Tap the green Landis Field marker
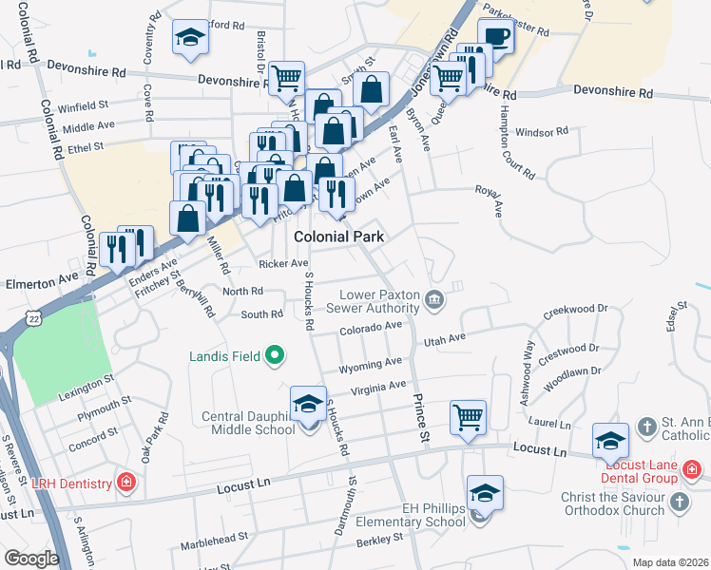point(276,356)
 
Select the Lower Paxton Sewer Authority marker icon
point(434,300)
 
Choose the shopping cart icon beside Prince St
point(468,418)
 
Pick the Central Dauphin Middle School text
point(248,423)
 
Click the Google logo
point(30,559)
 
